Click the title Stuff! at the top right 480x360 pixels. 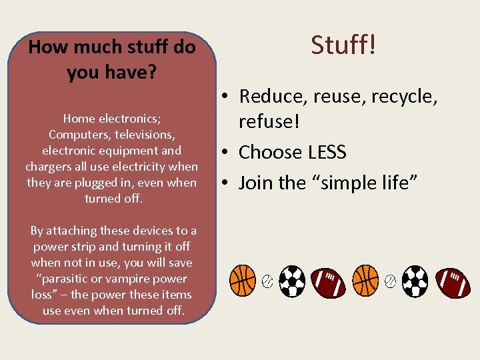[x=343, y=45]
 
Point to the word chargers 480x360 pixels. [x=49, y=167]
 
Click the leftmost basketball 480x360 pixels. [x=243, y=281]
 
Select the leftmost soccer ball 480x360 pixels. [x=292, y=281]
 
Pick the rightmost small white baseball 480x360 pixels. [x=390, y=281]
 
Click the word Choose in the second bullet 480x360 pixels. [x=270, y=153]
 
